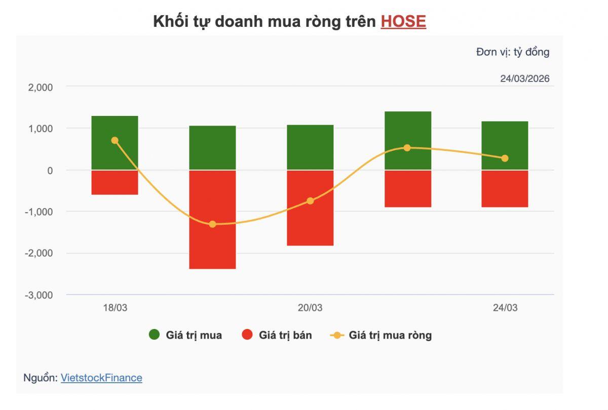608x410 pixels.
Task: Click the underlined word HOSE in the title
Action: tap(403, 21)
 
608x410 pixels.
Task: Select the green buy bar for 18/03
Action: tap(115, 143)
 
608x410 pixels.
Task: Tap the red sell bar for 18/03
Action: tap(115, 183)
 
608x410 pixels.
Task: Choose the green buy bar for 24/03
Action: tap(505, 145)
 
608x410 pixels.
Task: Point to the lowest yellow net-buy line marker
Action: tap(212, 224)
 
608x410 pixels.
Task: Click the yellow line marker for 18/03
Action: tap(115, 140)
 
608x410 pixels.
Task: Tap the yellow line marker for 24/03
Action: tap(505, 158)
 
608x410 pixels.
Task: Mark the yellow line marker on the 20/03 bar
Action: tap(310, 201)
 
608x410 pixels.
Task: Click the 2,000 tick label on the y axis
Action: tap(41, 87)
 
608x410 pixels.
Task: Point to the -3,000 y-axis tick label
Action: tap(39, 295)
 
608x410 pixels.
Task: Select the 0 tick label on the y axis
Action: tap(50, 171)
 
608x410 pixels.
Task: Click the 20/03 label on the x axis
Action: tap(310, 308)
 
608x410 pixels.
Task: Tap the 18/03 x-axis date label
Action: tap(115, 308)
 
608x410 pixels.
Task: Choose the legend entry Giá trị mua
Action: tap(185, 335)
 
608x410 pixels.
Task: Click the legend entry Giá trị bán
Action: tap(277, 335)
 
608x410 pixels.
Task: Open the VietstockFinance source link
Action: tap(101, 378)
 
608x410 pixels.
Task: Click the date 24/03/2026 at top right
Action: tap(524, 79)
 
